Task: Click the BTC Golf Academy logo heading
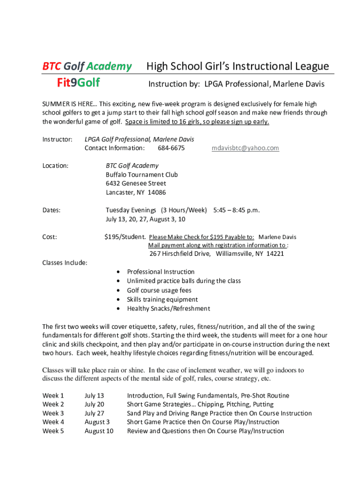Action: pyautogui.click(x=87, y=66)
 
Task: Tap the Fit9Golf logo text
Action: pyautogui.click(x=78, y=83)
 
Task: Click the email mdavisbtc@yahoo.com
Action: pyautogui.click(x=245, y=148)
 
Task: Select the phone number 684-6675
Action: pyautogui.click(x=171, y=148)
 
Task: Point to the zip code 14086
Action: pyautogui.click(x=157, y=193)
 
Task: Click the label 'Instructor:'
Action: pyautogui.click(x=58, y=139)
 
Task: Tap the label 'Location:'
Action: pyautogui.click(x=56, y=166)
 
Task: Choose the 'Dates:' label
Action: pyautogui.click(x=51, y=210)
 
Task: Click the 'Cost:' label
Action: pyautogui.click(x=50, y=237)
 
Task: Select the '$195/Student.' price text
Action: pyautogui.click(x=125, y=237)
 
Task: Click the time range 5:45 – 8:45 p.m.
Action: pyautogui.click(x=236, y=210)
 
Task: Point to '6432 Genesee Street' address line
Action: pyautogui.click(x=136, y=184)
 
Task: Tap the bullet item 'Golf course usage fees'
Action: pyautogui.click(x=159, y=290)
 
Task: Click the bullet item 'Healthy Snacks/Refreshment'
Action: pyautogui.click(x=168, y=309)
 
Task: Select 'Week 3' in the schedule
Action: pyautogui.click(x=53, y=414)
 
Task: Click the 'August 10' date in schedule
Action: pyautogui.click(x=99, y=431)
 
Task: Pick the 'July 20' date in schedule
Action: pyautogui.click(x=94, y=405)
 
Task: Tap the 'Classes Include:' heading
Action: pyautogui.click(x=65, y=263)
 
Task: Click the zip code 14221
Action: pyautogui.click(x=275, y=254)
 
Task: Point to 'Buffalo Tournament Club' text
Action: pyautogui.click(x=142, y=175)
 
